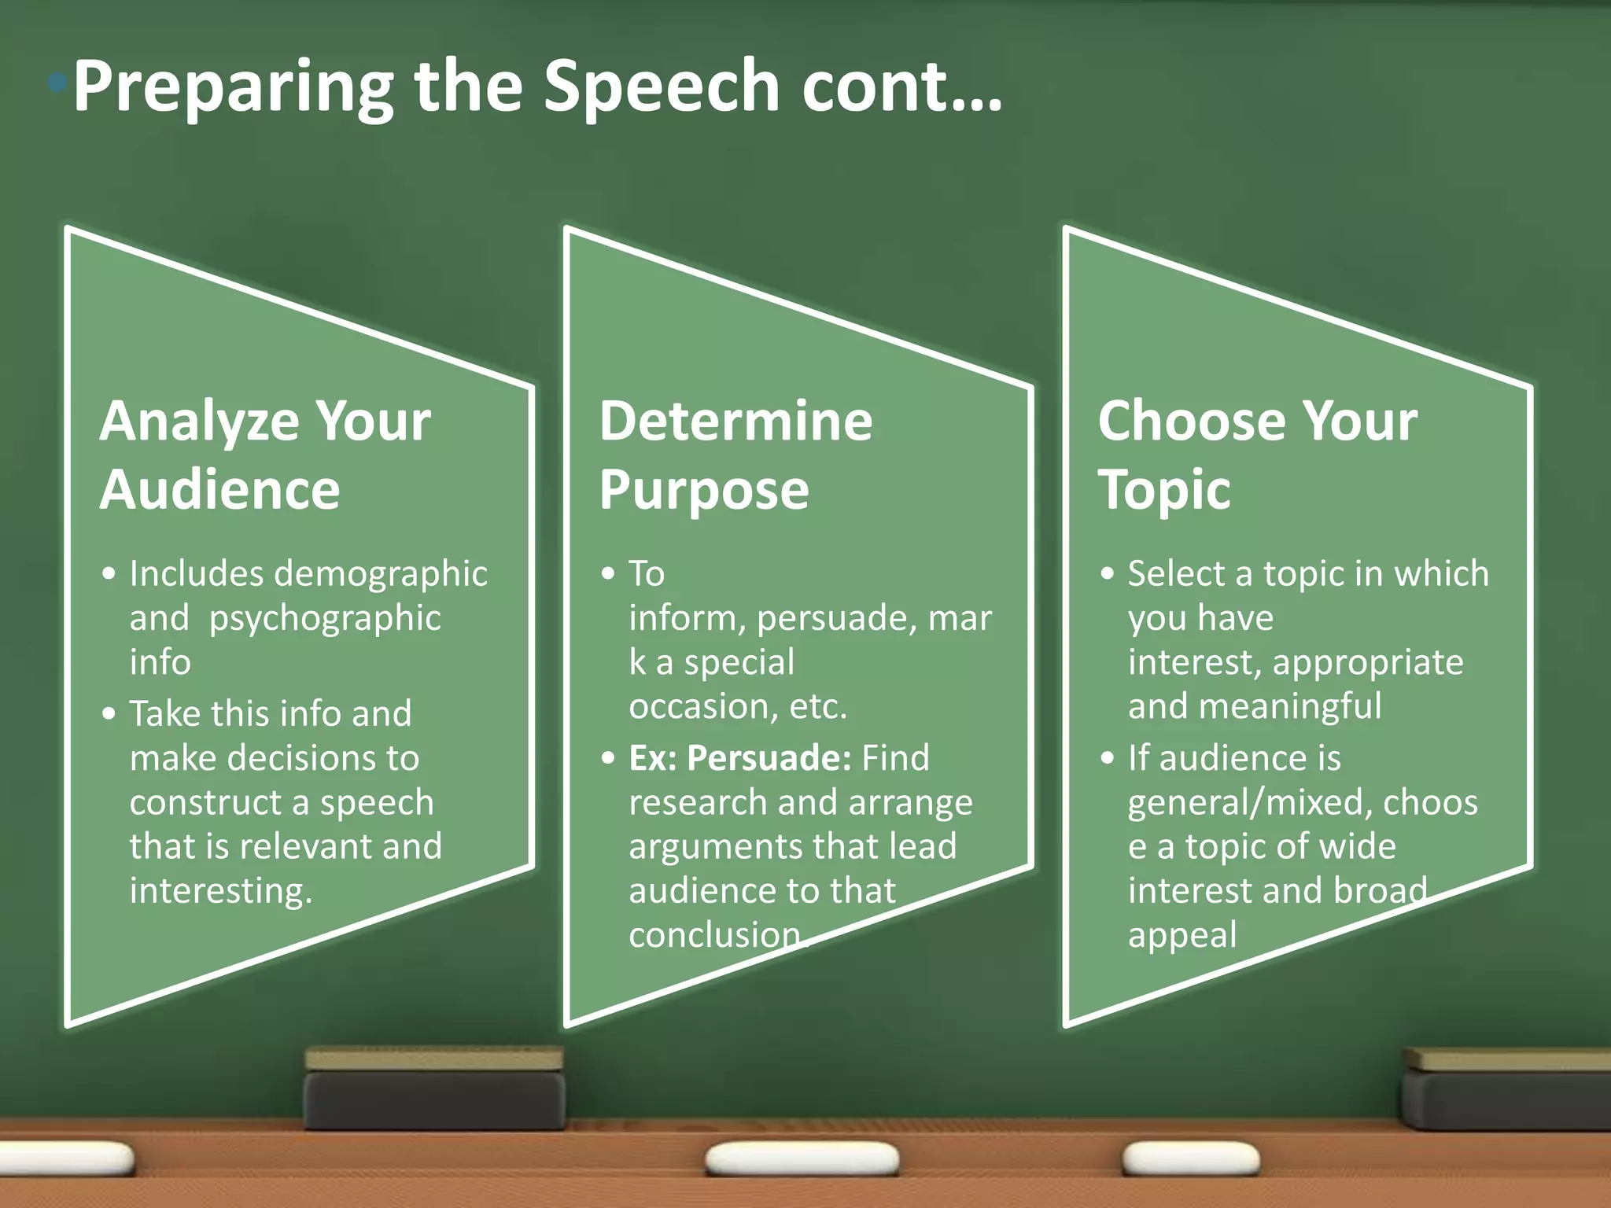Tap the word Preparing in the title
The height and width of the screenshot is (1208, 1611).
pos(233,88)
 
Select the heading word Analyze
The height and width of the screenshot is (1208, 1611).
pos(197,422)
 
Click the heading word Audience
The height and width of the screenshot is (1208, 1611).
pos(220,490)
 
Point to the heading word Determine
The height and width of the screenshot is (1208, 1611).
pos(735,422)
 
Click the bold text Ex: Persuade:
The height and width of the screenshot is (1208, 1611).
pos(739,758)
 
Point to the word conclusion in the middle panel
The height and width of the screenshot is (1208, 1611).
pos(714,935)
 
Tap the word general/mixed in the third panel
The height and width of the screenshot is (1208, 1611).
pos(1251,803)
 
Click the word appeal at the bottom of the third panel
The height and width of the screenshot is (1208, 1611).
pos(1182,935)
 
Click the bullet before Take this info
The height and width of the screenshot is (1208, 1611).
pos(109,714)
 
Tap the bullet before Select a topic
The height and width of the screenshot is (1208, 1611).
pos(1108,574)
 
